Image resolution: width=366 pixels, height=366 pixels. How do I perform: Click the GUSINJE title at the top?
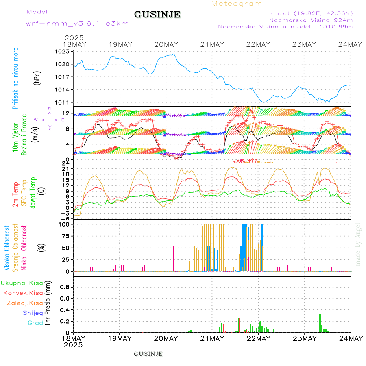click(157, 15)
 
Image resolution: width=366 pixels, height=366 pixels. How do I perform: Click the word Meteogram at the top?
click(237, 4)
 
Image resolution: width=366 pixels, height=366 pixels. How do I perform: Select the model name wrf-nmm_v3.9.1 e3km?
click(77, 24)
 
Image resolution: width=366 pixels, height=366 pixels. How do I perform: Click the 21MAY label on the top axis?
click(212, 44)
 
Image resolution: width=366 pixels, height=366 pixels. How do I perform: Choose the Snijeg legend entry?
click(34, 313)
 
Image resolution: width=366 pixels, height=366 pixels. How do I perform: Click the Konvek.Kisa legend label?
click(23, 293)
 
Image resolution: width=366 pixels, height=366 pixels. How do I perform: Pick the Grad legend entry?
click(35, 323)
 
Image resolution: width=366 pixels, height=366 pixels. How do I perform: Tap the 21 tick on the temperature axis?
click(65, 169)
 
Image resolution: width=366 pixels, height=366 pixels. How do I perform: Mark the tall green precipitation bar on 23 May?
click(320, 323)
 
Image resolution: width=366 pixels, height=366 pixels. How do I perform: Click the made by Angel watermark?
click(358, 244)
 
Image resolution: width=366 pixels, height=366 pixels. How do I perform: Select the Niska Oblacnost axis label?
click(24, 248)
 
